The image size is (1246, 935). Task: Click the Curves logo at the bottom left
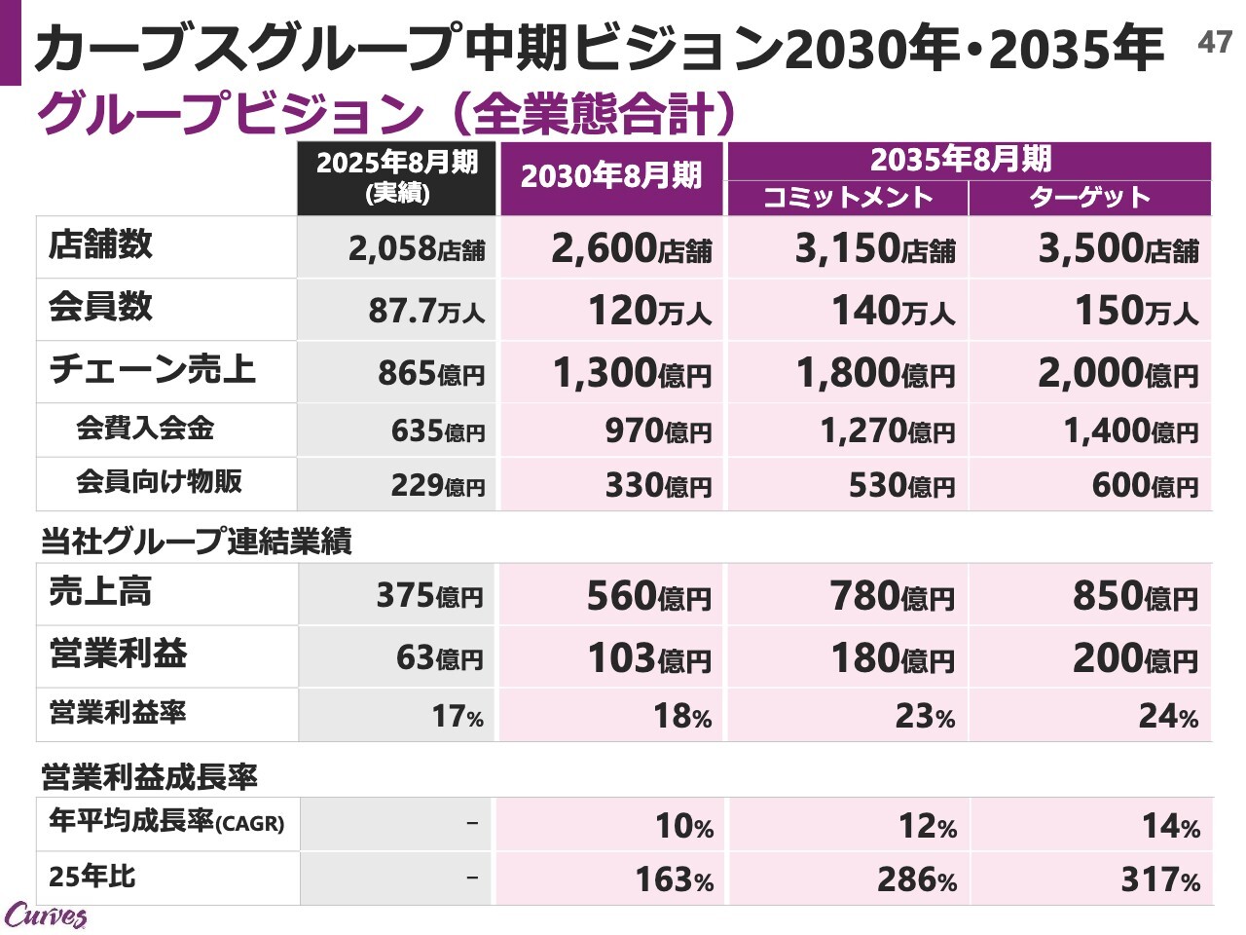[x=45, y=916]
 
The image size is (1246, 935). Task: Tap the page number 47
[x=1214, y=42]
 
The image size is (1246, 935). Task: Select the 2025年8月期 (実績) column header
[x=397, y=176]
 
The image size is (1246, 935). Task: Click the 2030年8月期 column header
[x=611, y=176]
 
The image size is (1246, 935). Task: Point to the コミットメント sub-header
[x=847, y=198]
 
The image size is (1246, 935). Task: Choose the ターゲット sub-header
[x=1090, y=198]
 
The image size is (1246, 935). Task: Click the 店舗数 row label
[x=101, y=244]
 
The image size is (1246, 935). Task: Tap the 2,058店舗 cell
[x=417, y=249]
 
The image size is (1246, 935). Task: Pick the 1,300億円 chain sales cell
[x=632, y=373]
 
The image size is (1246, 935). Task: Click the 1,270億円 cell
[x=887, y=430]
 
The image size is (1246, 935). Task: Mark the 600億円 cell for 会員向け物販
[x=1145, y=485]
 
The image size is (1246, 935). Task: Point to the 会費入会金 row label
[x=145, y=428]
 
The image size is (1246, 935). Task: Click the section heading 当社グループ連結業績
[x=196, y=542]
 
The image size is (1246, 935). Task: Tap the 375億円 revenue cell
[x=429, y=595]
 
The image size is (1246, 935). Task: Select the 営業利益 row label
[x=118, y=654]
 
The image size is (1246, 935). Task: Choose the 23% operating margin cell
[x=925, y=716]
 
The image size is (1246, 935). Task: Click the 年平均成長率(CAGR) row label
[x=166, y=822]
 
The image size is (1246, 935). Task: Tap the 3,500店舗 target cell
[x=1118, y=249]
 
